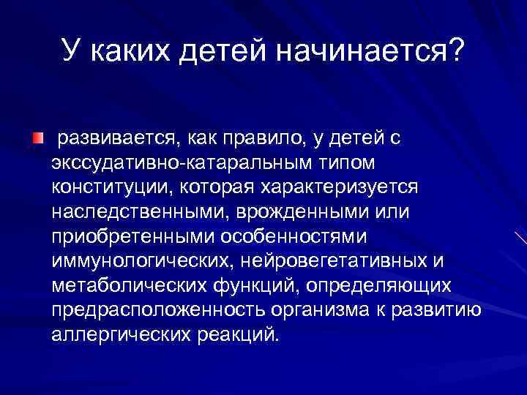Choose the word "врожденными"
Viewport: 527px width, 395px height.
(293, 211)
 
